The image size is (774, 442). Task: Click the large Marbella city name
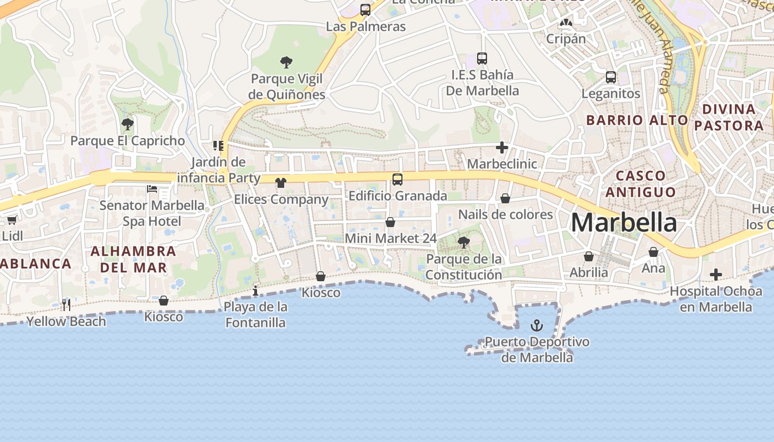tap(624, 223)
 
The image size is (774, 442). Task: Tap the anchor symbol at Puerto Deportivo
tap(537, 325)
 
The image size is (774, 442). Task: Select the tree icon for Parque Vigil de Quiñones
tap(286, 62)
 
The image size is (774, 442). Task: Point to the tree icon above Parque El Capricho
tap(128, 124)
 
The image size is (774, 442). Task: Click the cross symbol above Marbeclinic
tap(502, 148)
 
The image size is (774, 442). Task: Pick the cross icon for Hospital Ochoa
tap(716, 275)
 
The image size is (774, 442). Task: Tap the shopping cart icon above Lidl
tap(12, 220)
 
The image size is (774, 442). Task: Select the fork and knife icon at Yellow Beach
tap(66, 304)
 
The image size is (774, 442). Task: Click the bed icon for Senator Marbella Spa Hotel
tap(152, 189)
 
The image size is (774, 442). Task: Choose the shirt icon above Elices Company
tap(281, 183)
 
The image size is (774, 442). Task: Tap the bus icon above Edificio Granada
tap(398, 179)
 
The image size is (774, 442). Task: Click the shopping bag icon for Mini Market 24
tap(390, 222)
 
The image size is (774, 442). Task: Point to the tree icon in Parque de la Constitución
tap(464, 242)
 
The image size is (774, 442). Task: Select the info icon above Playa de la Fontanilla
tap(255, 291)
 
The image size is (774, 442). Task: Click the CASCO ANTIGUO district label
tap(640, 183)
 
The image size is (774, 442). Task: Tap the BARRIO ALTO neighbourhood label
tap(637, 120)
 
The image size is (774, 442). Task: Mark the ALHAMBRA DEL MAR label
tap(133, 259)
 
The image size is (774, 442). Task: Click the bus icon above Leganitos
tap(611, 77)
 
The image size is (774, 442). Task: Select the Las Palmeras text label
tap(365, 27)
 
